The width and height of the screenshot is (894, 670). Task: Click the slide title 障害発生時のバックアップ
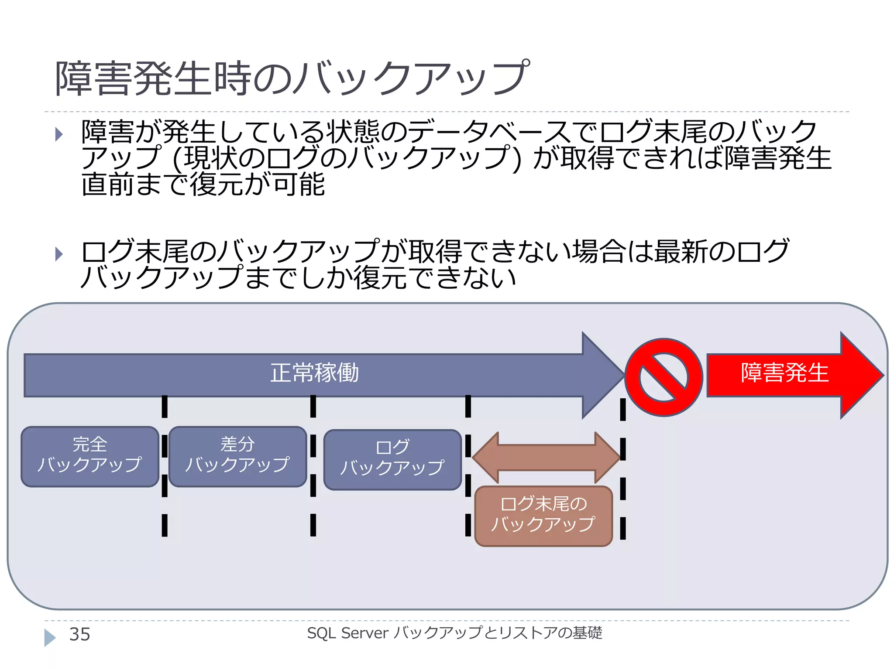click(x=292, y=79)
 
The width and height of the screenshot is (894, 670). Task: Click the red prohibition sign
click(x=664, y=377)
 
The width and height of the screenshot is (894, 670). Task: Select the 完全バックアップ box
click(x=90, y=456)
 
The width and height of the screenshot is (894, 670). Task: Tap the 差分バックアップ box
click(x=237, y=456)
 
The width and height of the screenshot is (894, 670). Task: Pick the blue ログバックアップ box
click(x=392, y=459)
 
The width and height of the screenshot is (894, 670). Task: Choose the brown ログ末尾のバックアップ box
click(x=543, y=516)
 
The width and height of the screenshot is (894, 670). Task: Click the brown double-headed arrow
click(x=546, y=458)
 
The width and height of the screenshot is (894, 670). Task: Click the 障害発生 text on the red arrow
click(x=784, y=373)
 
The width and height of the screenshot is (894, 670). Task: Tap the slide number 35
click(x=79, y=634)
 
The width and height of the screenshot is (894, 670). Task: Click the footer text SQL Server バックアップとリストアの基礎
click(x=454, y=633)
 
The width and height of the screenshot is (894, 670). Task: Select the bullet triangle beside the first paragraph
click(x=59, y=134)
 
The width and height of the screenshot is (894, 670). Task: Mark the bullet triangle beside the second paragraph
click(x=59, y=254)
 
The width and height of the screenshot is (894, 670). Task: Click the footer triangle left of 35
click(x=50, y=637)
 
